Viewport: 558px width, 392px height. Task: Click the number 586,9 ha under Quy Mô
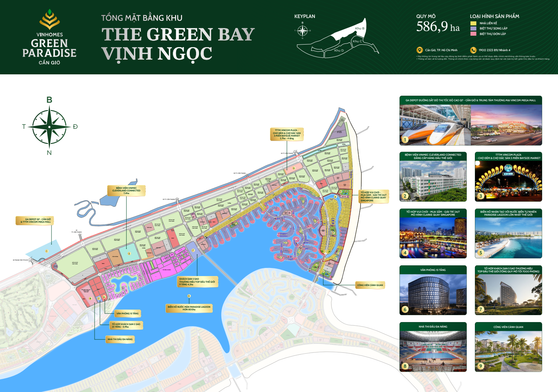438,27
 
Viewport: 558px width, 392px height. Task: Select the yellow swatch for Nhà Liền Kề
473,23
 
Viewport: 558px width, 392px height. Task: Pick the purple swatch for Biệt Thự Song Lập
473,28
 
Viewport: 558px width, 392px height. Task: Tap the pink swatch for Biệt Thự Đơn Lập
473,34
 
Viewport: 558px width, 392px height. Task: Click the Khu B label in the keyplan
359,28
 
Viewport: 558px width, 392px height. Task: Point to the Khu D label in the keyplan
339,50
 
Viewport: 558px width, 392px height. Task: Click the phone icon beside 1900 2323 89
473,50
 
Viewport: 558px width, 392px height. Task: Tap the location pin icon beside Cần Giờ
419,50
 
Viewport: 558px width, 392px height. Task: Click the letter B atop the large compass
49,100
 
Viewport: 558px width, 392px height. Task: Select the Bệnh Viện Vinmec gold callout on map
126,190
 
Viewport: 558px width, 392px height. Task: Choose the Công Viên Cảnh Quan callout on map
370,285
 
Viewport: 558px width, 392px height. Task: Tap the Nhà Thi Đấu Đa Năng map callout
120,339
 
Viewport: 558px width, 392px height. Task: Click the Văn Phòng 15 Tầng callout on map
127,314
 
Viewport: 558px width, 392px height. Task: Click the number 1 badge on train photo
405,140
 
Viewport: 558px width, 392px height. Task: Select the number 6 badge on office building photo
405,309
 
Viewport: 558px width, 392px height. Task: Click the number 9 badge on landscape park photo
480,366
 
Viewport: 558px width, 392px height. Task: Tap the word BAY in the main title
236,35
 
